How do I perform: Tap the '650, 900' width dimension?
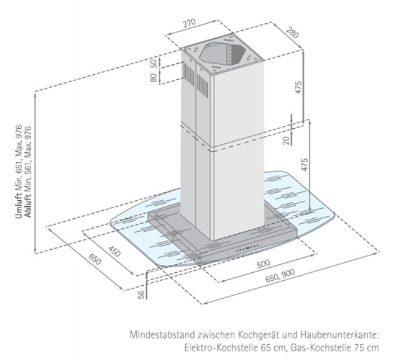tap(280, 278)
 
